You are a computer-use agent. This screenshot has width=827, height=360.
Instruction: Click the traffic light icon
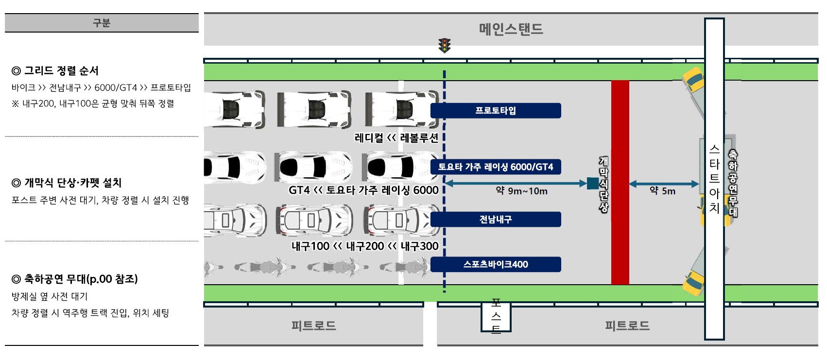tap(445, 45)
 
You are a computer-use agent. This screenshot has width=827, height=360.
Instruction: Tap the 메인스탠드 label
tap(511, 29)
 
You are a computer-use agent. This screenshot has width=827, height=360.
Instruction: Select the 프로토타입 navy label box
tap(496, 110)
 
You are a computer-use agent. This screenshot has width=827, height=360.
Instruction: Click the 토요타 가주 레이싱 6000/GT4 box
tap(496, 167)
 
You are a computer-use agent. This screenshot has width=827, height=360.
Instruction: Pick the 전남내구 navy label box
tap(496, 219)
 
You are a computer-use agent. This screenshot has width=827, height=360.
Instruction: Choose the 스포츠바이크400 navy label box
tap(496, 264)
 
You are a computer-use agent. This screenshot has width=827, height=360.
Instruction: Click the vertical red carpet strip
tap(620, 182)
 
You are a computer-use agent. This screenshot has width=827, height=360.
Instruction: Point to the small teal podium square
tap(593, 184)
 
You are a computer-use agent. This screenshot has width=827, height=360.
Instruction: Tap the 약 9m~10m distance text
tap(521, 191)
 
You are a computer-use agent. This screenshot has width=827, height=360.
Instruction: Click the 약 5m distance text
tap(662, 191)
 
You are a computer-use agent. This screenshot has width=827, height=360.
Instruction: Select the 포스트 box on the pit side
tap(496, 317)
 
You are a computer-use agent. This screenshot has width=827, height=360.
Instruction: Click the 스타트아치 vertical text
tap(714, 179)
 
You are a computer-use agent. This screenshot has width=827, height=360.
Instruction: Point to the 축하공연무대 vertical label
tap(732, 183)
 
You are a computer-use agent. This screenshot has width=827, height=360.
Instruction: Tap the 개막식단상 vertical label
tap(603, 184)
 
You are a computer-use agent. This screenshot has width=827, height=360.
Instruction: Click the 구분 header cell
tap(102, 23)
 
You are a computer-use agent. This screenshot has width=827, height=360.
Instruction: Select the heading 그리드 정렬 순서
tap(55, 70)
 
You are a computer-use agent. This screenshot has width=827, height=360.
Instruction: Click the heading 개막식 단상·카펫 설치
tap(67, 182)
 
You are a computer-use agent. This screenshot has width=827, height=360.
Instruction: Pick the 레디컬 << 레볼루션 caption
tap(396, 138)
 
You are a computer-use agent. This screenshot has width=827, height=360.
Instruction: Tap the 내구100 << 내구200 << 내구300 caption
tap(365, 246)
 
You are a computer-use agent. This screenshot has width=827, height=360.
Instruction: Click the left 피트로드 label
tap(313, 326)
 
